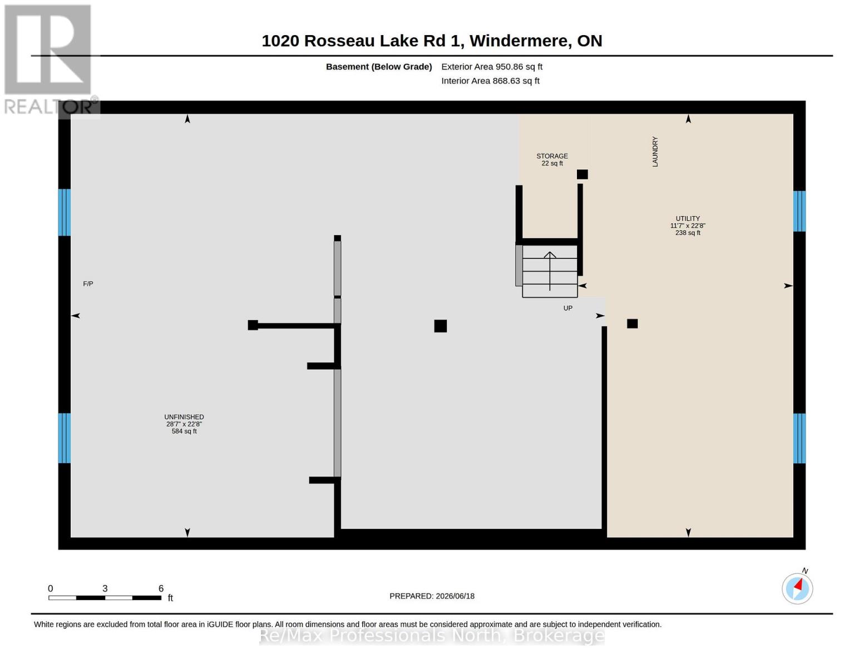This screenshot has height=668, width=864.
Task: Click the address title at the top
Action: point(432,41)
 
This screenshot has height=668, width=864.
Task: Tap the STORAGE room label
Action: point(552,156)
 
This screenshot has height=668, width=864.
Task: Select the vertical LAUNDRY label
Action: point(655,151)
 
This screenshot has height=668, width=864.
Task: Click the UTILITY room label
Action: point(688,218)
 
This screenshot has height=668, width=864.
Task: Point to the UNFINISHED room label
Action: point(184,417)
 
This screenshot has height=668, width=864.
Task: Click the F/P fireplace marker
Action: point(88,284)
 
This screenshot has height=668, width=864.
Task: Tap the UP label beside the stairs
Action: point(568,308)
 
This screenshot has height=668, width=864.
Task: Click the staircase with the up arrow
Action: point(550,271)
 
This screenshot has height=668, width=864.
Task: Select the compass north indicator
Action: point(797,588)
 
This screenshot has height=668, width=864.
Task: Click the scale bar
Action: point(105,597)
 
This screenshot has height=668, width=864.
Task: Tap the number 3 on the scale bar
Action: point(105,588)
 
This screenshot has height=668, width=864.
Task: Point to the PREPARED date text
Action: point(432,596)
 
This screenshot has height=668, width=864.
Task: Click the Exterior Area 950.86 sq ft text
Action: point(492,67)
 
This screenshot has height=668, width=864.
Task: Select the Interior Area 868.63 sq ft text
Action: point(490,81)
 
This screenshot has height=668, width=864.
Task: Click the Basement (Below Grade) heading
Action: point(379,67)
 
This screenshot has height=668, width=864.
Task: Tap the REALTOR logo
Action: point(50,60)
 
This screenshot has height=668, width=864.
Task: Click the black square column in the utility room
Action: point(632,323)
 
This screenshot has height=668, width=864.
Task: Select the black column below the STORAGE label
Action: point(582,174)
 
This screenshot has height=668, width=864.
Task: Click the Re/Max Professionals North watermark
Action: point(432,635)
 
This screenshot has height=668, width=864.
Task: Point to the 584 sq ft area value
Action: point(184,431)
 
